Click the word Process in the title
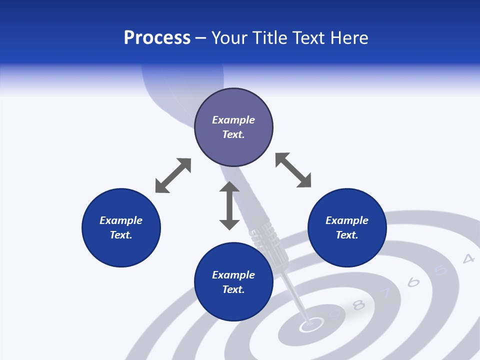[x=157, y=38]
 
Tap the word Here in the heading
[x=347, y=38]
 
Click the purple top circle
[x=233, y=127]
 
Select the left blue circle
[x=121, y=227]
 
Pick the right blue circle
[x=347, y=227]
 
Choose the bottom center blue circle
[x=233, y=282]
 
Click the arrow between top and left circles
[x=173, y=175]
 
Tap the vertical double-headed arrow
[x=229, y=205]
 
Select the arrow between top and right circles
[x=293, y=170]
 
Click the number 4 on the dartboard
[x=468, y=259]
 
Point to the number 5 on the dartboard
[x=440, y=270]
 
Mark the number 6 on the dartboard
[x=413, y=282]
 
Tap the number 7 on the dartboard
[x=384, y=293]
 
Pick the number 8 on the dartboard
[x=358, y=304]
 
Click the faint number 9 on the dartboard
[x=335, y=313]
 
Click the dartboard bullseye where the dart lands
[x=308, y=326]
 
